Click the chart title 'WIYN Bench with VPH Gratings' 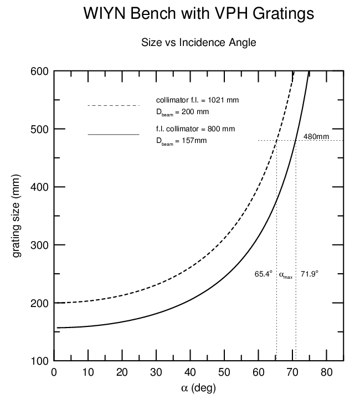click(198, 14)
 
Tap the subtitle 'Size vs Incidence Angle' click(198, 43)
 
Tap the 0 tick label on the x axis click(54, 372)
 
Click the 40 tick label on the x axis click(191, 372)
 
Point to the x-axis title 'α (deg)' click(198, 388)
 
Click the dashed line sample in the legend click(114, 105)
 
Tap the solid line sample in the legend click(114, 134)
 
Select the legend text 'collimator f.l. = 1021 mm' click(198, 100)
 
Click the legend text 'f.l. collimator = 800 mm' click(196, 129)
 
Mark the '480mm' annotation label click(316, 136)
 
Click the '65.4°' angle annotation click(264, 274)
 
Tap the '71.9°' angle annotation click(310, 274)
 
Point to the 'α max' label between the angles click(285, 275)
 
